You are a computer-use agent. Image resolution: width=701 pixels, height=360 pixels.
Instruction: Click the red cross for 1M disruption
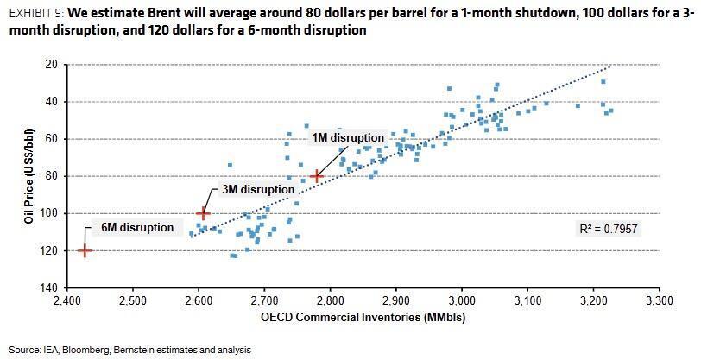point(318,176)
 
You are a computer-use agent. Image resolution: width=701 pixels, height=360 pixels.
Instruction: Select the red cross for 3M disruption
point(203,212)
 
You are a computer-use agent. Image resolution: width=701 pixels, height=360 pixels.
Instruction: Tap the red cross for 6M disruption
point(85,250)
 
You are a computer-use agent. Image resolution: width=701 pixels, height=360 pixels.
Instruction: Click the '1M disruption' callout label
point(347,137)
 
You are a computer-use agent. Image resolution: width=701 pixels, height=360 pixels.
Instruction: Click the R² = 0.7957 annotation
point(609,229)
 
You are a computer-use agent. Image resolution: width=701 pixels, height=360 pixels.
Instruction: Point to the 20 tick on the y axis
point(51,65)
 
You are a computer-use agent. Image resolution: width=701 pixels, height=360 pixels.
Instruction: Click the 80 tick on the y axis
point(51,176)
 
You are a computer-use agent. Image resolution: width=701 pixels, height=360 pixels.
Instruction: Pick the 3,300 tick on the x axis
point(659,302)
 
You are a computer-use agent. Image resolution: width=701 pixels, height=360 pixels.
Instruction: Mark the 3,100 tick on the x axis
point(527,302)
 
